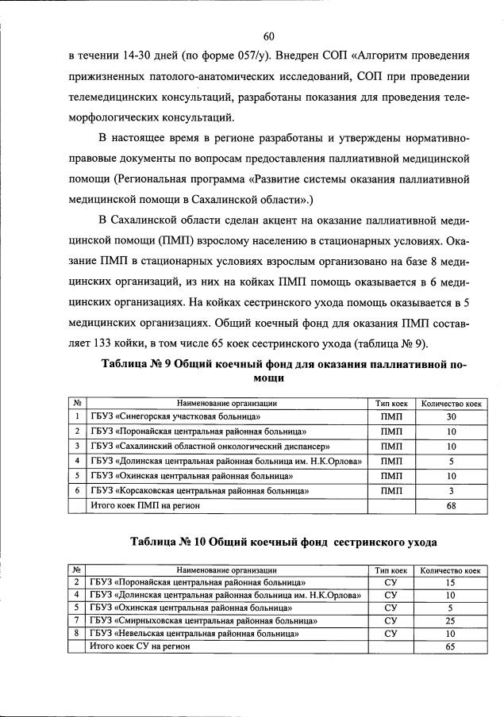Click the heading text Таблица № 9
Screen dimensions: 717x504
click(136, 364)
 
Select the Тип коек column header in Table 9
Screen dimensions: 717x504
click(391, 403)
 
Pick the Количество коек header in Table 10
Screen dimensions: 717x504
click(451, 569)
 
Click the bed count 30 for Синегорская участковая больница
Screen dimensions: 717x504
click(451, 417)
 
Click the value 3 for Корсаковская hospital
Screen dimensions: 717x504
click(451, 490)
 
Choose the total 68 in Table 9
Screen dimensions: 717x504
click(451, 505)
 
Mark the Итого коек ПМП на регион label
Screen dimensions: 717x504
click(143, 505)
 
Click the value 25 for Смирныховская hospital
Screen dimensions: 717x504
click(451, 620)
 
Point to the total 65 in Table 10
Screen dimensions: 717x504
click(451, 647)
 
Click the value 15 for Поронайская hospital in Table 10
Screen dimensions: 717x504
click(451, 582)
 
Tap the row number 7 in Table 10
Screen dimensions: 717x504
click(76, 620)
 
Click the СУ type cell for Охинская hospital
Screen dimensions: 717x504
click(391, 608)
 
